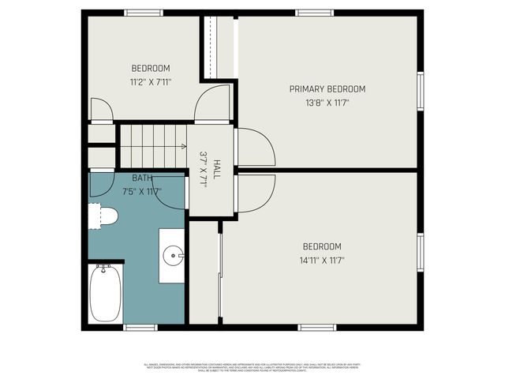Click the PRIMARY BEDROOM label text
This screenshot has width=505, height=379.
coord(327,89)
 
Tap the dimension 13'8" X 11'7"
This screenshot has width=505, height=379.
coord(327,103)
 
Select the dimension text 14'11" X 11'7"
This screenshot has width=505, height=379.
coord(322,260)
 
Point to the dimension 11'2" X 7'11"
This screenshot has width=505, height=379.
coord(150,81)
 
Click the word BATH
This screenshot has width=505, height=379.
coord(142,178)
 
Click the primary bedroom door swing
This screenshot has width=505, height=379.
coord(256,148)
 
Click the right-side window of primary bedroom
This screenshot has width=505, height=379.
coord(421,92)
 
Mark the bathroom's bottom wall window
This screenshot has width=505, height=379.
coord(140,327)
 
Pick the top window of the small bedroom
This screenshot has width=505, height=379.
coord(144,13)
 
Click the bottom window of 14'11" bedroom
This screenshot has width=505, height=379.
coord(317,327)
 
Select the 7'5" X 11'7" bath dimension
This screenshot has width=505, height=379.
coord(142,191)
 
